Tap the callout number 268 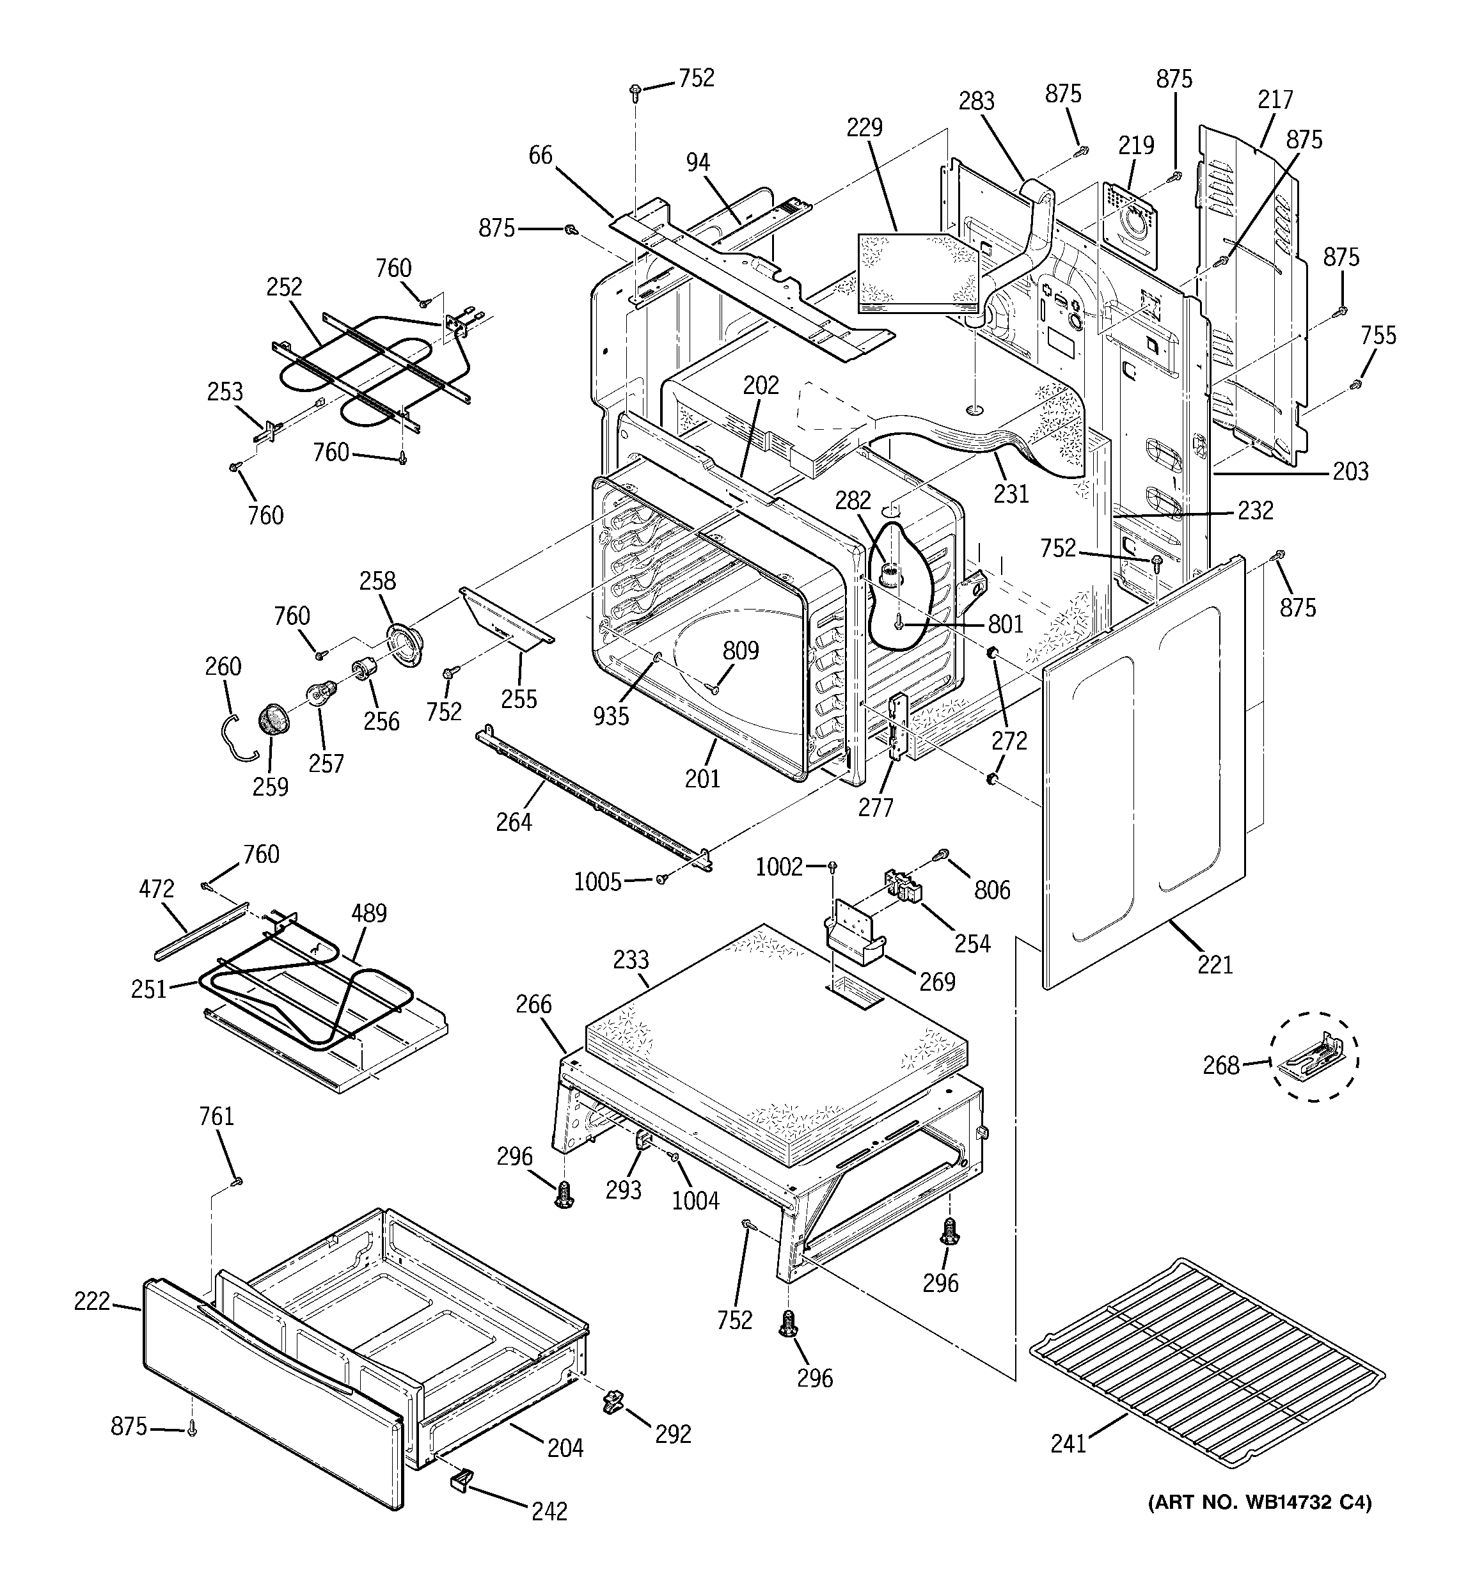tap(1220, 1065)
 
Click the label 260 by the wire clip tap(223, 666)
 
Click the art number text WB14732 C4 tap(1260, 1502)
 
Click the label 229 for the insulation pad tap(864, 127)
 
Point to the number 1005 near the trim tap(597, 881)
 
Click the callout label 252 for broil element tap(285, 287)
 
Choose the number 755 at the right tap(1378, 335)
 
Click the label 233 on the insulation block tap(631, 959)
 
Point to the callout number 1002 tap(779, 867)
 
